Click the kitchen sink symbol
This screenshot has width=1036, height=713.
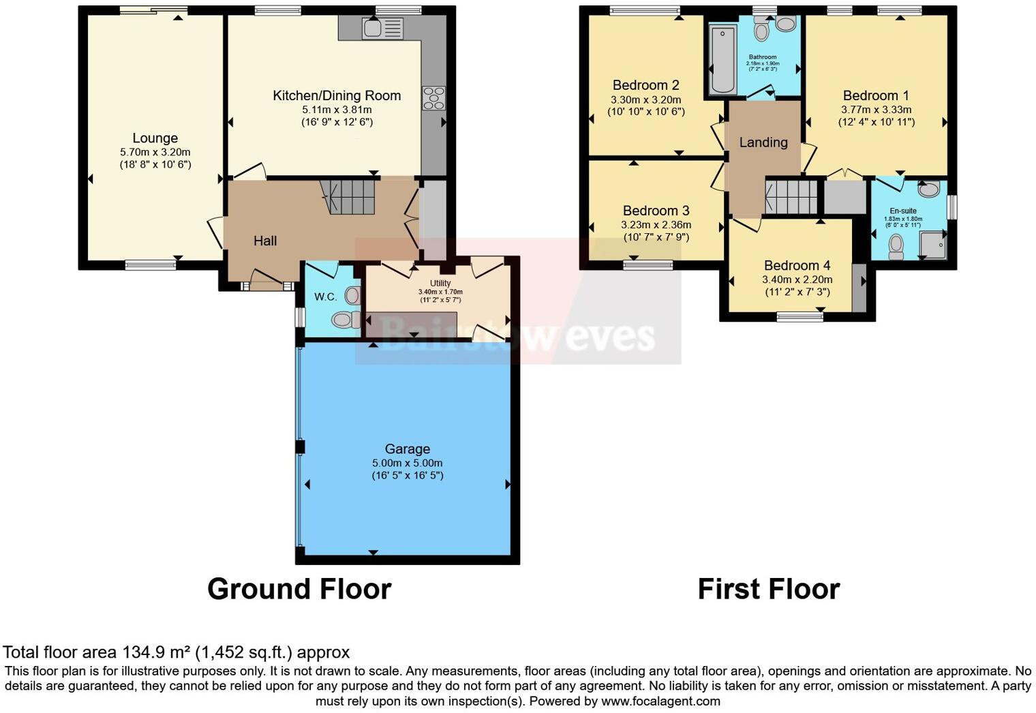(382, 29)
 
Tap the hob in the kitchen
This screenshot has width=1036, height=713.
(433, 98)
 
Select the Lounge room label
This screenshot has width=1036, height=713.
(155, 138)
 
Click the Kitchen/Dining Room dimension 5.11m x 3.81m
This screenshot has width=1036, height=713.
(337, 110)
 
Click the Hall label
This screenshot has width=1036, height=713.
(265, 241)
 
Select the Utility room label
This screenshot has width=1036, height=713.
(440, 283)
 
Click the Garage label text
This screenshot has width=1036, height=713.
(407, 449)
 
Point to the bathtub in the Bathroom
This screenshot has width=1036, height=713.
(722, 59)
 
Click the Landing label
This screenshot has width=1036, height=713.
(763, 142)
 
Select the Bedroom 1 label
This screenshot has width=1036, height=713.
(876, 95)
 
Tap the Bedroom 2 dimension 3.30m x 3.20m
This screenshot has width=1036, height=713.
(645, 100)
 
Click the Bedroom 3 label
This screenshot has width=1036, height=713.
(656, 211)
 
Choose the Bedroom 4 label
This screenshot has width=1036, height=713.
(797, 265)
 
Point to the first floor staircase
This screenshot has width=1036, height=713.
(791, 196)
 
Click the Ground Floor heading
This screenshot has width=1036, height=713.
(299, 589)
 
